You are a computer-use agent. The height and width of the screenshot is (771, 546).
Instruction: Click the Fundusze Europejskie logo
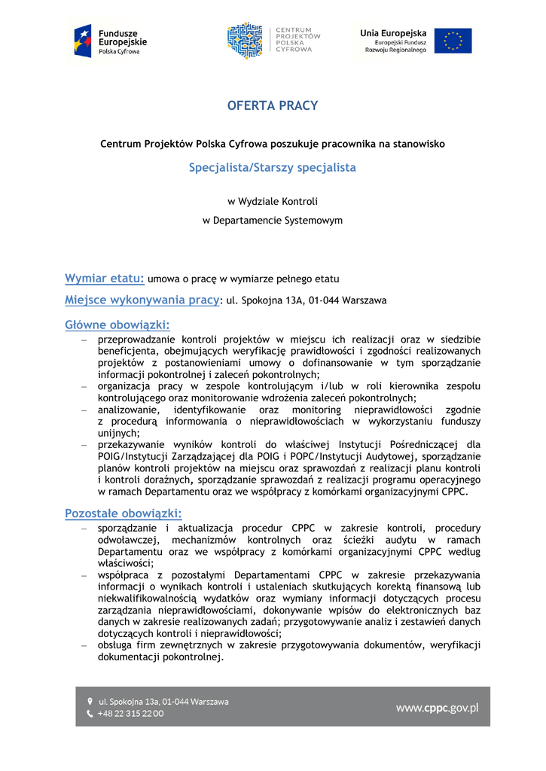coord(110,40)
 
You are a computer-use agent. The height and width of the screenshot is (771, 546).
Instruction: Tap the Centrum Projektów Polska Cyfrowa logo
coord(273,41)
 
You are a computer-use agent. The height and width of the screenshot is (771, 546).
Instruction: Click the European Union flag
coord(453,41)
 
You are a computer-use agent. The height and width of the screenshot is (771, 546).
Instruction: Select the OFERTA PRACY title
coord(273,106)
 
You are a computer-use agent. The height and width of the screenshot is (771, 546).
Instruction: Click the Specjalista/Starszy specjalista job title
coord(273,167)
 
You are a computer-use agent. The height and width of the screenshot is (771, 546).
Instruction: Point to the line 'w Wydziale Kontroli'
coord(273,201)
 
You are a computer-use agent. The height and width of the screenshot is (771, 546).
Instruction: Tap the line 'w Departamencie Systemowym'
coord(273,221)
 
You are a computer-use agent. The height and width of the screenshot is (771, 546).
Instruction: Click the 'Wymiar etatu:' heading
coord(104,279)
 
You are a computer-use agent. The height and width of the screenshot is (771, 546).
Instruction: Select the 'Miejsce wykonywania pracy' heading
coord(142,300)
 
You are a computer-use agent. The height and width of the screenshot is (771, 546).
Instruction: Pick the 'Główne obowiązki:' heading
coord(117,325)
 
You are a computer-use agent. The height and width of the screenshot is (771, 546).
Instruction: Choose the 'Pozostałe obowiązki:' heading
coord(123,513)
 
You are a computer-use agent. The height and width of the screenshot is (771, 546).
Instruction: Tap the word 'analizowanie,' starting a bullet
coord(129,410)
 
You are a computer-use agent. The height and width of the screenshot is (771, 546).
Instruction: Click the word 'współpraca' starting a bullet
coord(124,575)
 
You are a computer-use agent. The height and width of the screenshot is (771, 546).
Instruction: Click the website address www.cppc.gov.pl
coord(437,708)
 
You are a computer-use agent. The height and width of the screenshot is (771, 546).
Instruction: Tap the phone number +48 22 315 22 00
coord(130,714)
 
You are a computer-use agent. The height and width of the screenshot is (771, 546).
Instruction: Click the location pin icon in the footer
coord(90,701)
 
